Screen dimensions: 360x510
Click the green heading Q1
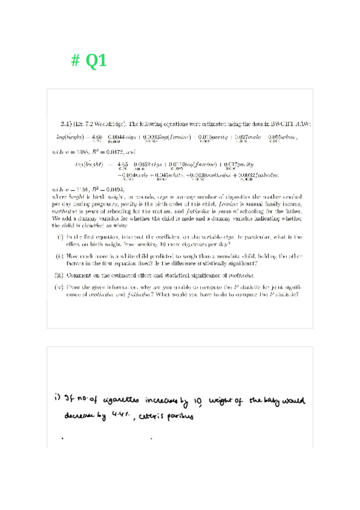coord(97,61)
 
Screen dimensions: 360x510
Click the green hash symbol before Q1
coord(76,61)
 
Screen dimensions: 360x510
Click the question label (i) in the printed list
coord(61,238)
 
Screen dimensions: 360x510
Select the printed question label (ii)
coord(60,256)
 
